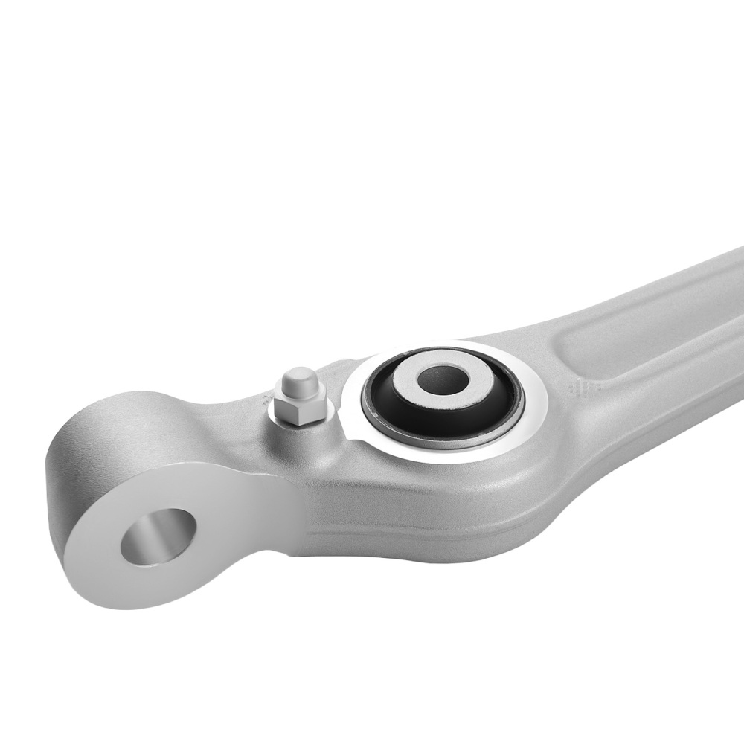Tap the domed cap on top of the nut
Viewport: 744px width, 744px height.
(x=297, y=384)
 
